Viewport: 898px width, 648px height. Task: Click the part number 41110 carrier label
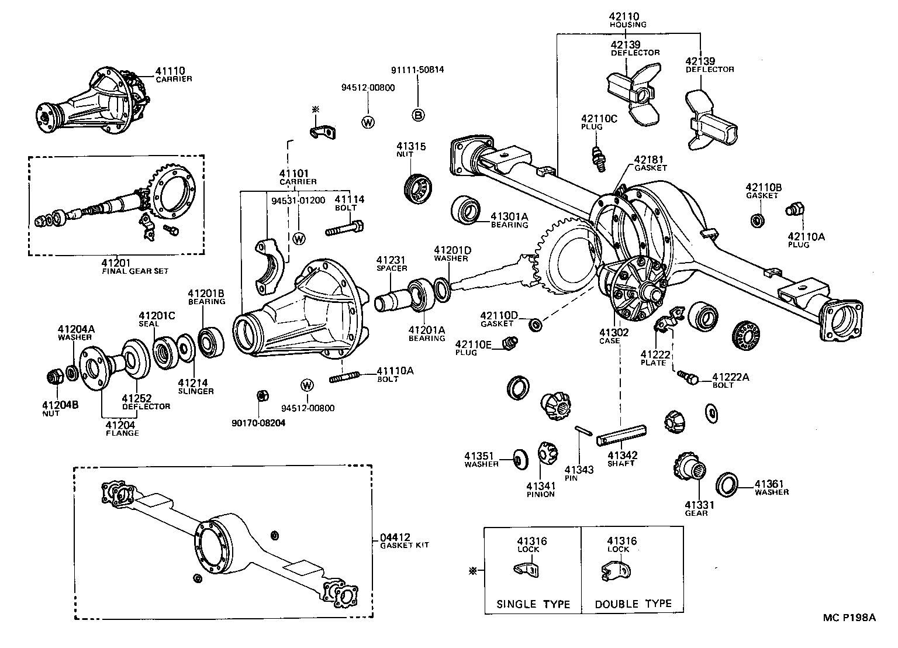click(x=173, y=74)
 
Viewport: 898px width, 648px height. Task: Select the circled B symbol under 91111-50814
click(x=419, y=115)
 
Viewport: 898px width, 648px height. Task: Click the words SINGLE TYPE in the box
click(x=533, y=604)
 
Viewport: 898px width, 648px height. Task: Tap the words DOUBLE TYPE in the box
click(x=633, y=604)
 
